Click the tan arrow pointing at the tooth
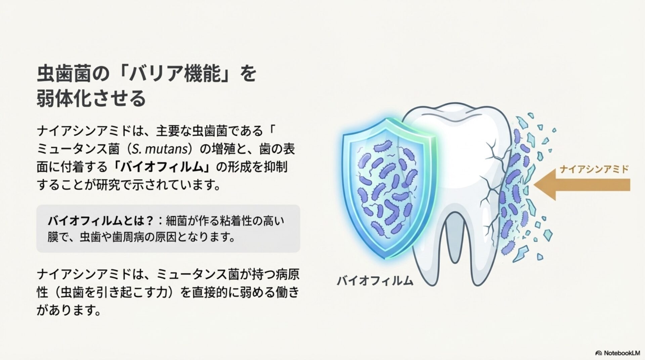point(582,185)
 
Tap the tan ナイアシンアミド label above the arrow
point(594,169)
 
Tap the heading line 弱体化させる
point(91,98)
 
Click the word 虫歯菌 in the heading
point(63,74)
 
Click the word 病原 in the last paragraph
point(287,274)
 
